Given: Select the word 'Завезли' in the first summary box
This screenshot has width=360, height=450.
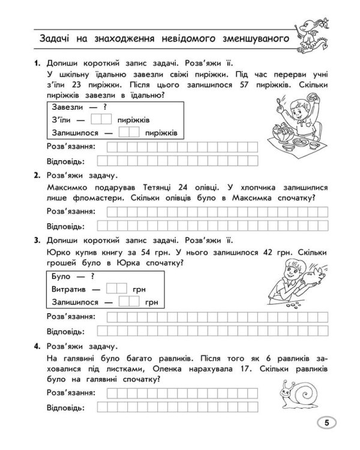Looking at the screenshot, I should [68, 107].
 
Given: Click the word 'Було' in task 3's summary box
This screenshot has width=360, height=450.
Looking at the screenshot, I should [62, 277].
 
